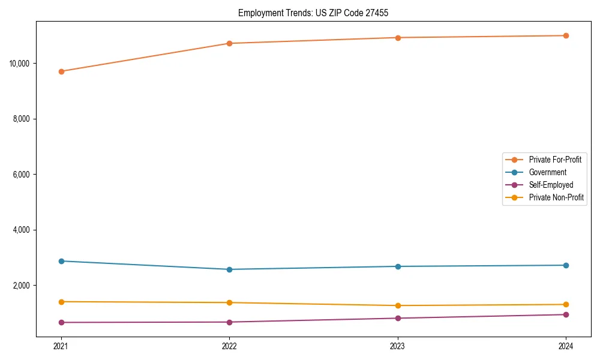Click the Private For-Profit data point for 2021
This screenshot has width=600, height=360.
point(61,71)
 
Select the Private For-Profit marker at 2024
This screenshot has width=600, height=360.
point(566,35)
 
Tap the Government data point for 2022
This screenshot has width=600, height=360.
point(229,269)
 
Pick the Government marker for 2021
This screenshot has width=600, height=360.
point(61,261)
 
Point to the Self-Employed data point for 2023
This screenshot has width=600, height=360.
point(398,318)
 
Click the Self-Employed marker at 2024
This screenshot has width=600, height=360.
point(566,314)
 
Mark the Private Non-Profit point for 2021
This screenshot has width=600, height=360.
point(61,302)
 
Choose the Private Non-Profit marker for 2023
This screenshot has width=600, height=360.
point(398,305)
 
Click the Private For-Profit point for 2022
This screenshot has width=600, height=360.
point(229,43)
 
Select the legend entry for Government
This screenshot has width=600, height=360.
point(547,172)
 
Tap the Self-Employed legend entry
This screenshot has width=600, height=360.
point(551,185)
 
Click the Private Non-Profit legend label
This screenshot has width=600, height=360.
point(556,197)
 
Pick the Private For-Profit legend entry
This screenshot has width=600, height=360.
point(555,160)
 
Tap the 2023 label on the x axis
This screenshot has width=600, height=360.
point(398,346)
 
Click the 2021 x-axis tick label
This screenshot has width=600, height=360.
point(61,346)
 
